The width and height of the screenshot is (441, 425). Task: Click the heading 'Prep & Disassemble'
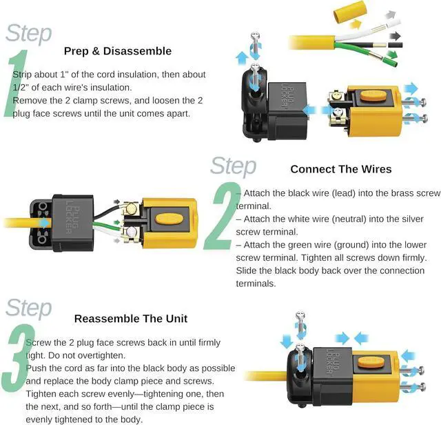[x=118, y=51]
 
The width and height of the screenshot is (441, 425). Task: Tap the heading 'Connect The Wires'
[x=341, y=169]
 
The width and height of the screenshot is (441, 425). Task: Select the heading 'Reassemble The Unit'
[x=131, y=319]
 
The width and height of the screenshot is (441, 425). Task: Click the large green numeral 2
[x=222, y=217]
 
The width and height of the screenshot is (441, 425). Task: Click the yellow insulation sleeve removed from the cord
[x=349, y=12]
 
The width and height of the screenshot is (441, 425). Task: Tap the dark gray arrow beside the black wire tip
[x=395, y=37]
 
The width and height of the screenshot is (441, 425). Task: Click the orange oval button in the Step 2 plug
[x=170, y=219]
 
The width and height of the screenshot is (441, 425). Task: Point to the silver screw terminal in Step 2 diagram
[x=131, y=233]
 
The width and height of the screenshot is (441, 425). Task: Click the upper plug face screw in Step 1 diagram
[x=415, y=102]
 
